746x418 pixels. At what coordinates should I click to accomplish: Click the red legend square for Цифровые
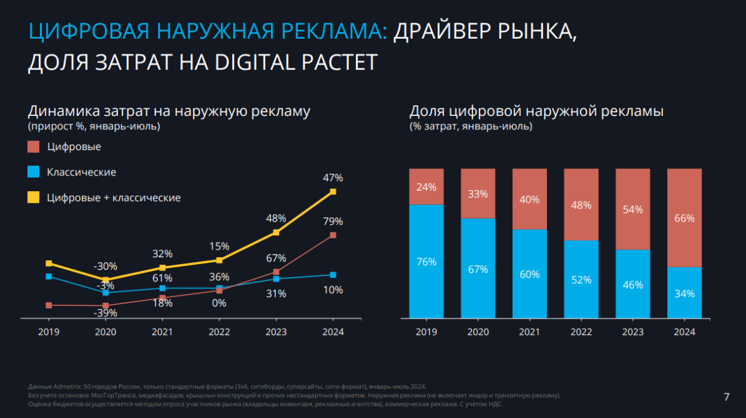click(x=34, y=147)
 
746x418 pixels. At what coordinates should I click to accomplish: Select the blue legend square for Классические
click(x=34, y=172)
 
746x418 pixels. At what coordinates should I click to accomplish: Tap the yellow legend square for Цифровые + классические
click(x=34, y=198)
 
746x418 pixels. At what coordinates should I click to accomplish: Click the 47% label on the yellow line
click(x=333, y=178)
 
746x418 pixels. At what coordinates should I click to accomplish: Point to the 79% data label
click(x=333, y=222)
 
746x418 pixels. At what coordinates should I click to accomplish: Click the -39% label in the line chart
click(x=105, y=313)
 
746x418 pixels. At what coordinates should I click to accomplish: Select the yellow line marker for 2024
click(x=333, y=191)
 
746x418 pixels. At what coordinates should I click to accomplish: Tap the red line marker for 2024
click(x=333, y=236)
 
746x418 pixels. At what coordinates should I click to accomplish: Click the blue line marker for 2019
click(x=49, y=276)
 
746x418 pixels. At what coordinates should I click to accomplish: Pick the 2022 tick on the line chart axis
click(x=219, y=332)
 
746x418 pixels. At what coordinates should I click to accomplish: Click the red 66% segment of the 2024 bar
click(x=684, y=218)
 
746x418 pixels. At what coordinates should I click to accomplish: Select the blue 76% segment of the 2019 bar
click(x=426, y=261)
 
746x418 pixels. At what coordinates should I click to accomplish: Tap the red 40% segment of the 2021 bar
click(x=529, y=199)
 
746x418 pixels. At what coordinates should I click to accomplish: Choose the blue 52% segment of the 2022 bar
click(x=581, y=279)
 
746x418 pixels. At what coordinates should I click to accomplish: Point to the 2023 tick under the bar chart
click(x=632, y=332)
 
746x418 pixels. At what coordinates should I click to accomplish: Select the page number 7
click(x=726, y=397)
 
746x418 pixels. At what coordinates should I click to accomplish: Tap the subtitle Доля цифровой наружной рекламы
click(x=536, y=111)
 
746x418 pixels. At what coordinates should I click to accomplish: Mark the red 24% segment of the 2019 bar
click(x=426, y=187)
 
